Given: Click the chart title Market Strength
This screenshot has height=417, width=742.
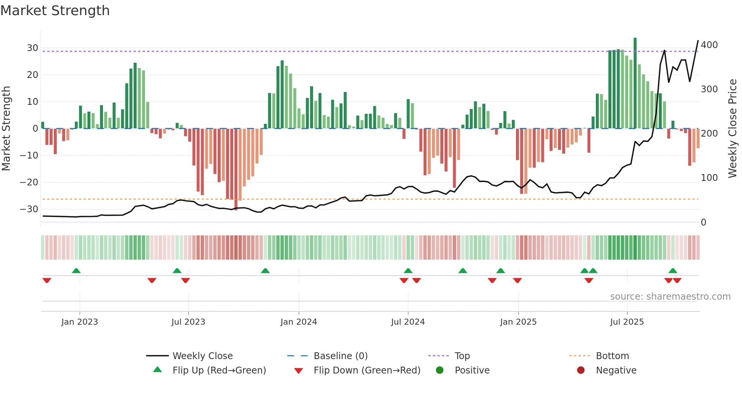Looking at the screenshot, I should click(55, 11).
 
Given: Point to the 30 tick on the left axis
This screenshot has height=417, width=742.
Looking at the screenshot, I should click(32, 48).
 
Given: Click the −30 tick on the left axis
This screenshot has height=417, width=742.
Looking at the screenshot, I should click(29, 209).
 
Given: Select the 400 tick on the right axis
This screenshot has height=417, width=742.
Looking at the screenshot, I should click(709, 45).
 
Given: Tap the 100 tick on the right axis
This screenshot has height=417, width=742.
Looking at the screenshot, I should click(709, 178).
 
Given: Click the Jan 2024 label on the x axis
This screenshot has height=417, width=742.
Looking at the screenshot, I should click(298, 322).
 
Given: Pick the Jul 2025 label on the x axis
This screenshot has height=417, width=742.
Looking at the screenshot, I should click(627, 322).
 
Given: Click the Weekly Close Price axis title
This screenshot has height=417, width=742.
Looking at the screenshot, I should click(733, 129).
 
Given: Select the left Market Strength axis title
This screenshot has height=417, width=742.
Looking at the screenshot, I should click(6, 129).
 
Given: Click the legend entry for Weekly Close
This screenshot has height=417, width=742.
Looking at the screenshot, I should click(202, 356).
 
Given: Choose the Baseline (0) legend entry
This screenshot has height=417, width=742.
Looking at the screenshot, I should click(340, 356).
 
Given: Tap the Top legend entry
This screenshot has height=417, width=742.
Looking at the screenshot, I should click(462, 356).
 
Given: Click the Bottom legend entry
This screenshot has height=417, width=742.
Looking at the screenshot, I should click(612, 356).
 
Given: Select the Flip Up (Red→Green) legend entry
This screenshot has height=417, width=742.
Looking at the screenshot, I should click(219, 370).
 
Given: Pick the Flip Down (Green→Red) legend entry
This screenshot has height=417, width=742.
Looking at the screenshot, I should click(366, 370).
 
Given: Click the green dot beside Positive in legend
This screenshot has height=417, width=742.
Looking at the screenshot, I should click(440, 370).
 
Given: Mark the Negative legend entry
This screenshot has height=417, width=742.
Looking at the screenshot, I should click(616, 370).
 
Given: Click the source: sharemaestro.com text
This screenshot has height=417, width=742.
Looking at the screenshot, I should click(670, 297).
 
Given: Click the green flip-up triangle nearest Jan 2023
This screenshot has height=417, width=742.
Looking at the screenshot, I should click(76, 271).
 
